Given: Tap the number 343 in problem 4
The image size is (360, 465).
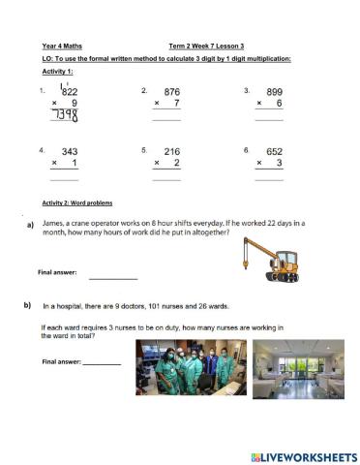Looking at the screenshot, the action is pyautogui.click(x=70, y=152).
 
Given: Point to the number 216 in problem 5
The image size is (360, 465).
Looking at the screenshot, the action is pyautogui.click(x=171, y=152).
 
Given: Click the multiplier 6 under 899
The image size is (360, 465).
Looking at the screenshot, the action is pyautogui.click(x=279, y=103).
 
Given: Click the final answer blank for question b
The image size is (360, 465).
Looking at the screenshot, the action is pyautogui.click(x=102, y=363).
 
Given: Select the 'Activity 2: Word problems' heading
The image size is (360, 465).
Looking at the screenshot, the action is pyautogui.click(x=75, y=201).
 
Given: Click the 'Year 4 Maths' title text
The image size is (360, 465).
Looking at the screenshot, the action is pyautogui.click(x=61, y=46).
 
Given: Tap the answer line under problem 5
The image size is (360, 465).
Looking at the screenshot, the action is pyautogui.click(x=166, y=178).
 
